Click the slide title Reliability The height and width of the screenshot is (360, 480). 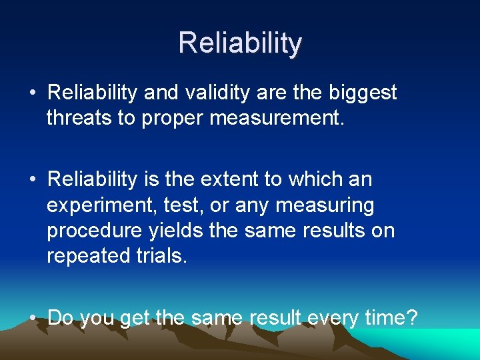click(240, 43)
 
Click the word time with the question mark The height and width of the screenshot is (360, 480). click(393, 317)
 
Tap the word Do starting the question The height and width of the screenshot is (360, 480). click(61, 317)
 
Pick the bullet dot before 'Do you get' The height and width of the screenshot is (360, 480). click(32, 318)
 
